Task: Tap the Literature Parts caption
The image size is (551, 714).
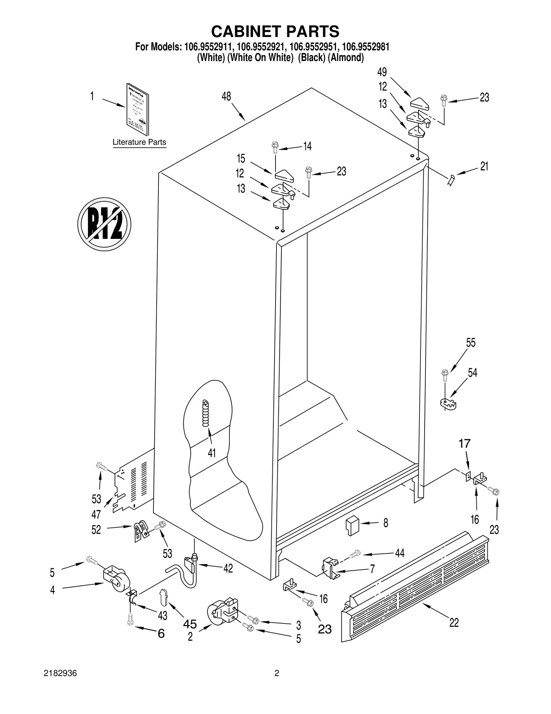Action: tap(139, 142)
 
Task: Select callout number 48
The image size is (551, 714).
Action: tap(226, 97)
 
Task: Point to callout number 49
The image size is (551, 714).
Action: tap(382, 72)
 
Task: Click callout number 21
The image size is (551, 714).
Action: tap(484, 167)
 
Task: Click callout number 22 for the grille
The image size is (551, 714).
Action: tap(454, 623)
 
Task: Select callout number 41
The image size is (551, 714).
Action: tap(212, 453)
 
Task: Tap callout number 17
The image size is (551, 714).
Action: tap(465, 443)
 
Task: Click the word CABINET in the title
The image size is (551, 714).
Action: tap(245, 31)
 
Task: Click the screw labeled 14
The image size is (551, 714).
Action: tap(275, 148)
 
